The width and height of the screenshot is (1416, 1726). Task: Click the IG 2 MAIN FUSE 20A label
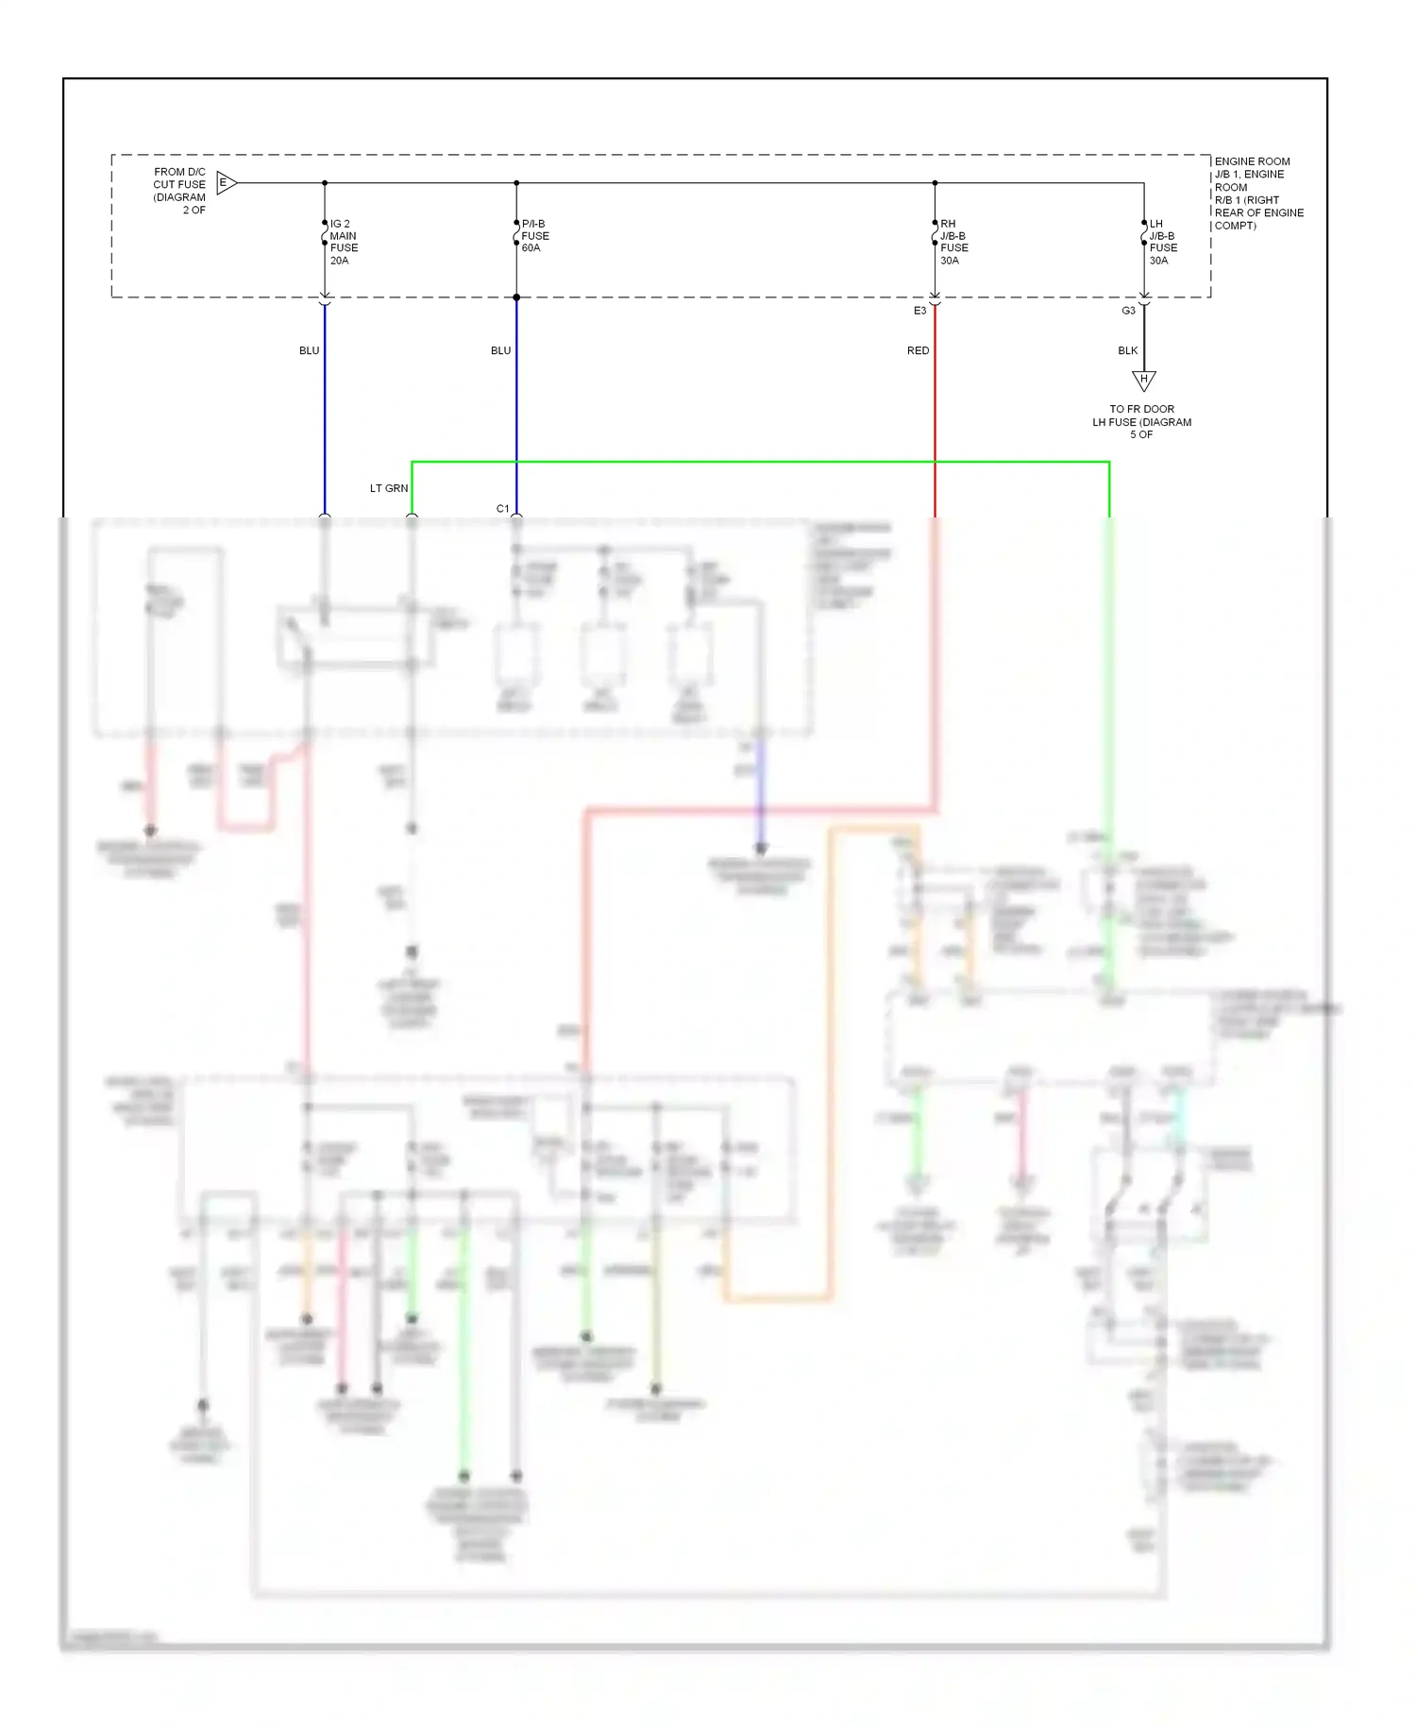[343, 243]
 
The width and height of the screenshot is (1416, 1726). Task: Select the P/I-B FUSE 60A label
[534, 236]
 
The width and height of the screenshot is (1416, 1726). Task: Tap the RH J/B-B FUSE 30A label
[953, 243]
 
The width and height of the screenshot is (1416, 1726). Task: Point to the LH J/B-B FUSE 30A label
[1162, 243]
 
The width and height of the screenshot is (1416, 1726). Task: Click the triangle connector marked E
[226, 183]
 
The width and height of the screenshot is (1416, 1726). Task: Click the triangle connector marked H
[1143, 380]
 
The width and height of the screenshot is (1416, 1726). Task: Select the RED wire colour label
[918, 350]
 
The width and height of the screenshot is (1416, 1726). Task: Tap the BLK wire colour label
[1127, 350]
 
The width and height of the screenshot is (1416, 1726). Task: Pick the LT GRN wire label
[388, 488]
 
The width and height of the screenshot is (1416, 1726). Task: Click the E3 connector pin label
[919, 311]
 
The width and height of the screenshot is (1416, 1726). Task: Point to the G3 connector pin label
[1128, 311]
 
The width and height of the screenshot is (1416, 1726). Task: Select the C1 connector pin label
[502, 509]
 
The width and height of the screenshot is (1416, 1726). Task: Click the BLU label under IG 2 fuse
[309, 350]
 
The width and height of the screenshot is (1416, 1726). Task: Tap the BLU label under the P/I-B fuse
[500, 350]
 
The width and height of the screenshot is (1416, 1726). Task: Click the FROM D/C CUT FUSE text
[179, 191]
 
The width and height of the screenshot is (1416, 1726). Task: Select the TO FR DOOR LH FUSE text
[1141, 422]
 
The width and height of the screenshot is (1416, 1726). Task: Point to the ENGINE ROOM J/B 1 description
[1257, 194]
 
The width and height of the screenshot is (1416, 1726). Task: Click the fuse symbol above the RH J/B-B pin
[935, 233]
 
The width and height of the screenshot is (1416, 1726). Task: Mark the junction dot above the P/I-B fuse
[516, 183]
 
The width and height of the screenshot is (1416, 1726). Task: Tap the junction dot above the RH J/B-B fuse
[935, 183]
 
